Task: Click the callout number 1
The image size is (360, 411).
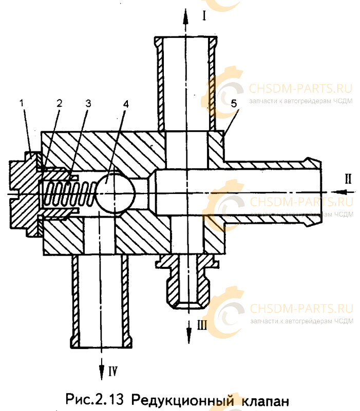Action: click(x=22, y=103)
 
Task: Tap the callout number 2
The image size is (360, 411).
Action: click(x=59, y=103)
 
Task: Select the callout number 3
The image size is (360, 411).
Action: click(x=88, y=104)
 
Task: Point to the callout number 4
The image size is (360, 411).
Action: click(x=126, y=104)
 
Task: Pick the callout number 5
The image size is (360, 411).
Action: click(x=234, y=104)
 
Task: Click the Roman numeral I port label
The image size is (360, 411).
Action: click(x=204, y=15)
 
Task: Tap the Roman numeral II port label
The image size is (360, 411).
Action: click(x=348, y=179)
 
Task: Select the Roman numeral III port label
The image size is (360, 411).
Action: click(x=202, y=325)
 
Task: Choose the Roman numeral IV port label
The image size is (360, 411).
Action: click(x=113, y=371)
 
